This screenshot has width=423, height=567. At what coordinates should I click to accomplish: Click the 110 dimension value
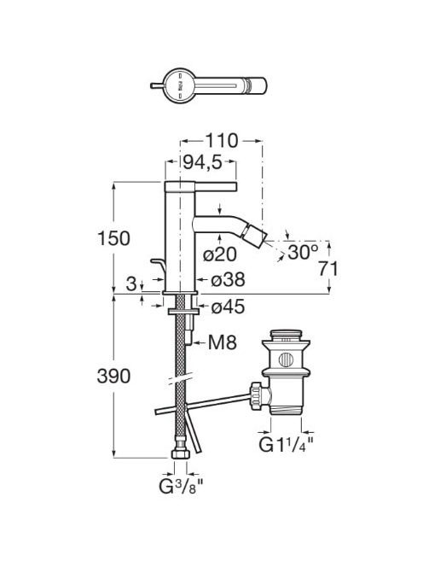point(222,141)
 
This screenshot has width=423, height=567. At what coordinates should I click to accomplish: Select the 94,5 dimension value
point(201,162)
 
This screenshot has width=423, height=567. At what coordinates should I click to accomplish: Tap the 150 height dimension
point(113,238)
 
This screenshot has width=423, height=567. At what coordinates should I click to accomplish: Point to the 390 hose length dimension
point(113,376)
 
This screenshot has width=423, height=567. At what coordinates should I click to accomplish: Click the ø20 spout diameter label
point(220,254)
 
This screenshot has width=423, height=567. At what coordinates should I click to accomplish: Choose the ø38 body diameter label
point(228,280)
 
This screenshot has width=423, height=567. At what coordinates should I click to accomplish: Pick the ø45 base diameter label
point(228,307)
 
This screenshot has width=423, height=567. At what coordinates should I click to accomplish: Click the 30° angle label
point(303,252)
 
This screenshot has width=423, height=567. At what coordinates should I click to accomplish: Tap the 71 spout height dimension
point(328,269)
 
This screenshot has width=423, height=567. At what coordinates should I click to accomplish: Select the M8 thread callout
point(223,342)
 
